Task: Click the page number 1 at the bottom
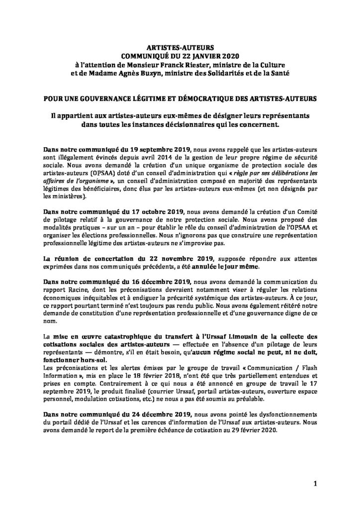point(315,483)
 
